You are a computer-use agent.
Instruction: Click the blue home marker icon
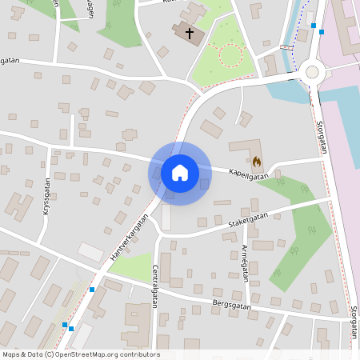pos(180,173)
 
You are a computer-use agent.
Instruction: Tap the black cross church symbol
pos(190,33)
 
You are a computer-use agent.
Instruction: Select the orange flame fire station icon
pos(256,161)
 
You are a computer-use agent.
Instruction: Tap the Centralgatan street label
pos(154,286)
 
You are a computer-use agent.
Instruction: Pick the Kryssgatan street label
pos(47,198)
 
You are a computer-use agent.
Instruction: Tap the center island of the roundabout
pos(312,72)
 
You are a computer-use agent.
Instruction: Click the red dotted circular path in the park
pos(230,54)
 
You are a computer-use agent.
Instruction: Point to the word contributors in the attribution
pos(142,354)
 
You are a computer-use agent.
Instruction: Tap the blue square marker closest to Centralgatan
pos(92,290)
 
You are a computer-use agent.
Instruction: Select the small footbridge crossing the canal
pos(286,48)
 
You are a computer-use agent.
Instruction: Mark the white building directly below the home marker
pos(166,216)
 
